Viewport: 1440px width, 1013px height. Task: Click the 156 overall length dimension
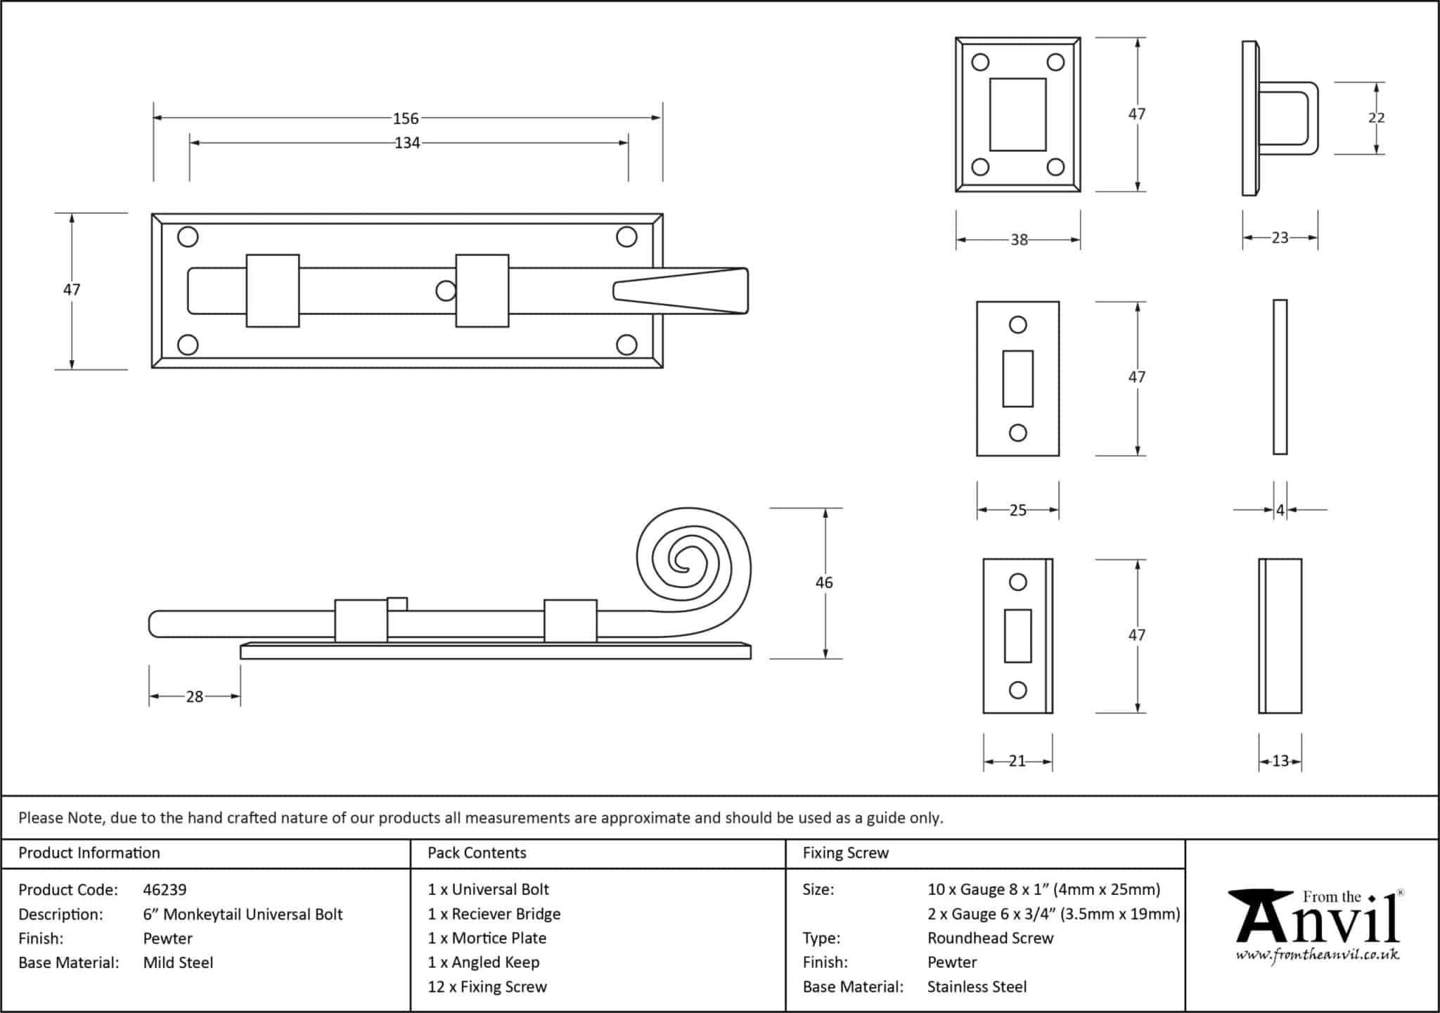click(x=406, y=119)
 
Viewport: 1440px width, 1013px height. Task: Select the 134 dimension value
click(x=407, y=144)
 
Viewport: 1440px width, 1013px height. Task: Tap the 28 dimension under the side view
click(x=194, y=696)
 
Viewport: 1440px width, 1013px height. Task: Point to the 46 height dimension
click(x=824, y=582)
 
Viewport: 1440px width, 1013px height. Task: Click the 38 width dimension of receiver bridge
click(x=1019, y=240)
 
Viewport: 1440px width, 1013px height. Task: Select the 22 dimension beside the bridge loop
click(x=1376, y=118)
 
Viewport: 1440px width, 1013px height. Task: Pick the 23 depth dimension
click(x=1280, y=238)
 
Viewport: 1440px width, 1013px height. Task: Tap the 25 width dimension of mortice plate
click(x=1017, y=510)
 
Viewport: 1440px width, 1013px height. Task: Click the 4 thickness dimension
click(x=1280, y=510)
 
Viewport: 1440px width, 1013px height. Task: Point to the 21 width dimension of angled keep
click(x=1017, y=760)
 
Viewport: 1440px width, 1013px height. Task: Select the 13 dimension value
click(x=1280, y=760)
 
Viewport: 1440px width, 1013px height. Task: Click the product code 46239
click(x=165, y=890)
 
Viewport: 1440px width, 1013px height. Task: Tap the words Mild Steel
click(x=178, y=962)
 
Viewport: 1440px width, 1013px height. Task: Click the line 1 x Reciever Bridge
click(x=494, y=914)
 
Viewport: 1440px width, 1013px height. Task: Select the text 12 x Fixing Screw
click(x=487, y=986)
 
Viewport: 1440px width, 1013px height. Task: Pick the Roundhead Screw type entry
click(x=990, y=938)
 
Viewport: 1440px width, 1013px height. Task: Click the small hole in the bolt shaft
click(x=445, y=291)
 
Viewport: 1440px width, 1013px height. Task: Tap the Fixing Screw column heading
click(x=845, y=853)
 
